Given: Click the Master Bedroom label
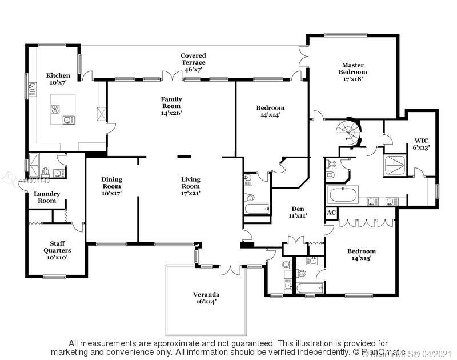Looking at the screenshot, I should [354, 69].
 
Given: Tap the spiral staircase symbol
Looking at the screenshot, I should [349, 132].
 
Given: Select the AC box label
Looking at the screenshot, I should [331, 213].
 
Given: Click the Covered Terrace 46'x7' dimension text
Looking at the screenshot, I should [194, 70].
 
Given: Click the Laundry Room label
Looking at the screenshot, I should [47, 197].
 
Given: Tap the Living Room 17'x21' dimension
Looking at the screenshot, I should [191, 193].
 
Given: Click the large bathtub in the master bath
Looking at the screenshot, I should [343, 195].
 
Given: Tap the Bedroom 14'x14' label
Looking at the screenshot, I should [270, 111].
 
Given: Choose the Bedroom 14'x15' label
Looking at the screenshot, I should [362, 254].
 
